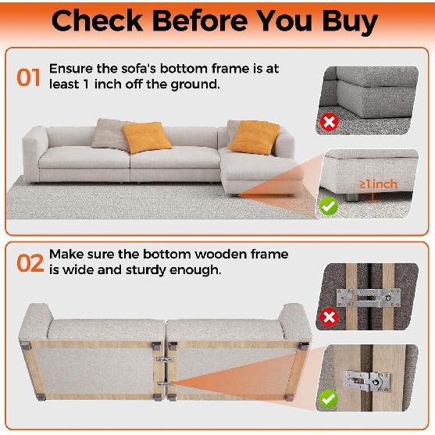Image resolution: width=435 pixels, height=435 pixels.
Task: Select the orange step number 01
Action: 28,79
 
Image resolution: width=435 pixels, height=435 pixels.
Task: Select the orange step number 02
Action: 29,263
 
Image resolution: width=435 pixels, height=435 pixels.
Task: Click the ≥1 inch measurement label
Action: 379,184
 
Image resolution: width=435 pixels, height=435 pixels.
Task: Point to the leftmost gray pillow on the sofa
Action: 109,133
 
